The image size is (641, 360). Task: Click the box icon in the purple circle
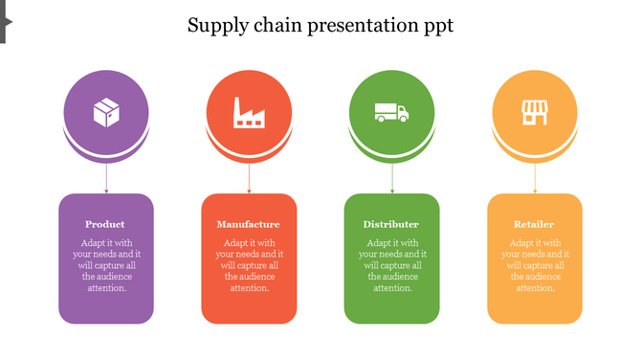(x=106, y=113)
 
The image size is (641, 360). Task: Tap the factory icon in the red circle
(x=249, y=113)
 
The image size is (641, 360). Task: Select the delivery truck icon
(x=391, y=113)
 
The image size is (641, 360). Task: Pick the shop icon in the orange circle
(x=534, y=113)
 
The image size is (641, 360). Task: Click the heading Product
(x=105, y=224)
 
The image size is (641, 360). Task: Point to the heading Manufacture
(x=249, y=224)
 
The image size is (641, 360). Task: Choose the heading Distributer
(x=391, y=224)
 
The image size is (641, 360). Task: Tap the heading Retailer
(x=534, y=224)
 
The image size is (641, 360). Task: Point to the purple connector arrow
(x=106, y=178)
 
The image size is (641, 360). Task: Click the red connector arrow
(x=249, y=178)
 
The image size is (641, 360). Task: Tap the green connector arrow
(x=392, y=178)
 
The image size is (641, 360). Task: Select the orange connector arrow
(x=535, y=178)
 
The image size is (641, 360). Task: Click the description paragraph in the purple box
(x=106, y=265)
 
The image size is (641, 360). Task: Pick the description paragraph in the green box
(x=392, y=265)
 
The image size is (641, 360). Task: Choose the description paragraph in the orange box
(x=535, y=265)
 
